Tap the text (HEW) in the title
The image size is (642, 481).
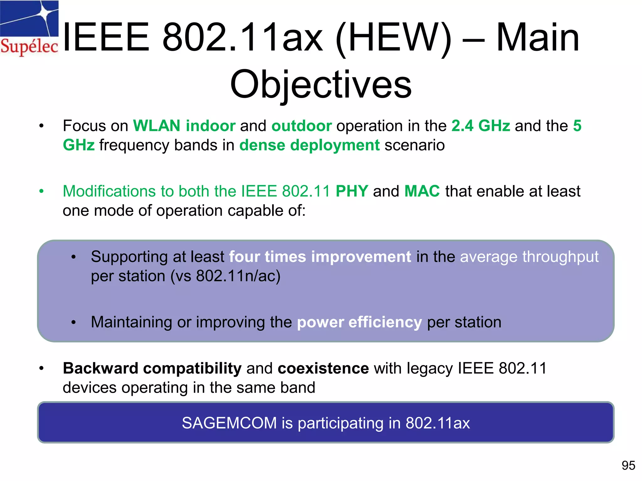pyautogui.click(x=393, y=38)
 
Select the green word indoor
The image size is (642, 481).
pyautogui.click(x=210, y=126)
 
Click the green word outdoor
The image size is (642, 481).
pyautogui.click(x=302, y=126)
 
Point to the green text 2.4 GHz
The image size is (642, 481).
pyautogui.click(x=481, y=126)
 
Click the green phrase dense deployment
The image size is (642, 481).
pyautogui.click(x=309, y=145)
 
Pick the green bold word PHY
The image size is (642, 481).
pyautogui.click(x=352, y=191)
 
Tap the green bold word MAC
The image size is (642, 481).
pyautogui.click(x=422, y=191)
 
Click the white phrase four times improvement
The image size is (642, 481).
pyautogui.click(x=320, y=257)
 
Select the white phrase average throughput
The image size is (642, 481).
pyautogui.click(x=529, y=257)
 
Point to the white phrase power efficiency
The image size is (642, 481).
pyautogui.click(x=359, y=322)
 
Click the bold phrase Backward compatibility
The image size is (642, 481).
pyautogui.click(x=152, y=368)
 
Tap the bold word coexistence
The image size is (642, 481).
pyautogui.click(x=323, y=368)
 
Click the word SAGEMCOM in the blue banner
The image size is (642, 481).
pyautogui.click(x=229, y=423)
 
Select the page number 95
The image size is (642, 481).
pyautogui.click(x=628, y=466)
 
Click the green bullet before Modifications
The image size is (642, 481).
pyautogui.click(x=41, y=191)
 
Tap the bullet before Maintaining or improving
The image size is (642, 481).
pyautogui.click(x=73, y=322)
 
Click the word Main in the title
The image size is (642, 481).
pyautogui.click(x=538, y=38)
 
